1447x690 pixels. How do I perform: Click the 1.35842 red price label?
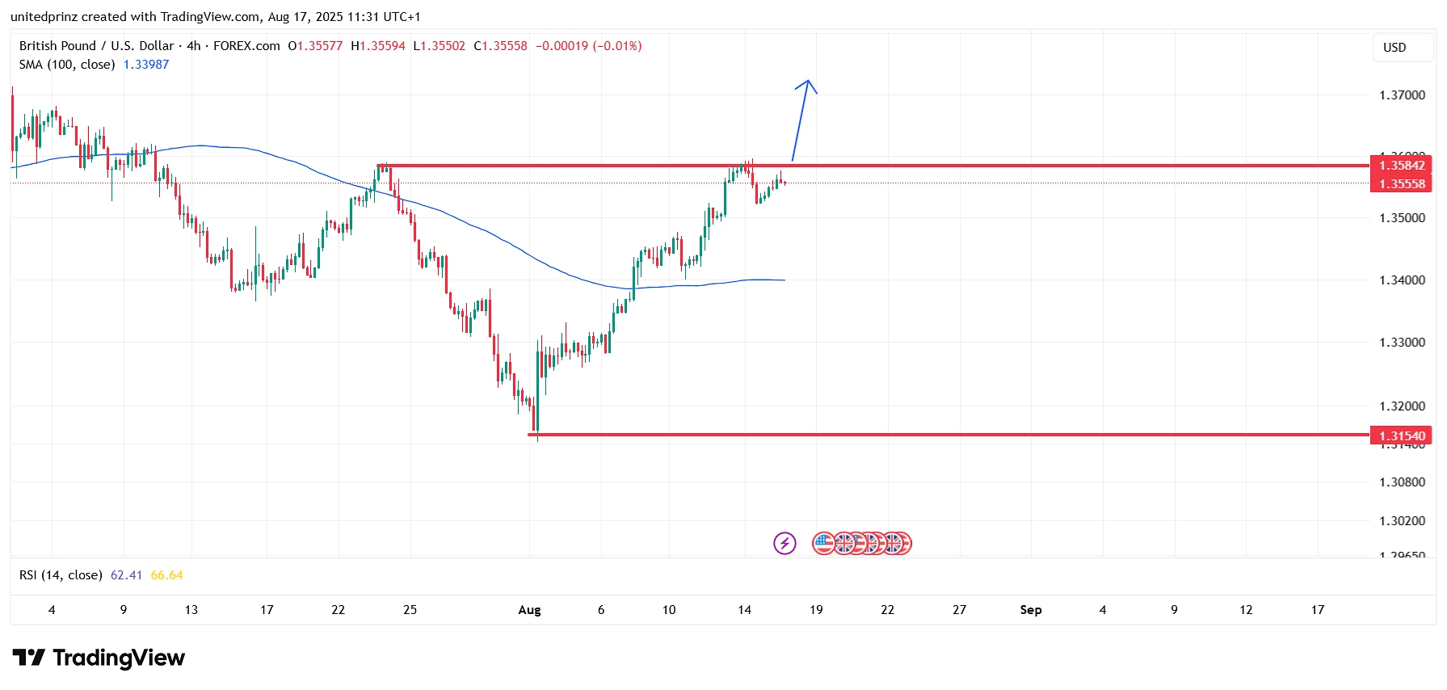(x=1401, y=165)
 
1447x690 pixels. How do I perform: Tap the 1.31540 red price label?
(x=1401, y=436)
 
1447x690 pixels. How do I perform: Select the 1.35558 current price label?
(x=1401, y=183)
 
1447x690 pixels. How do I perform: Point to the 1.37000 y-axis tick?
(x=1402, y=95)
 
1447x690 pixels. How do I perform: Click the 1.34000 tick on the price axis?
(x=1402, y=280)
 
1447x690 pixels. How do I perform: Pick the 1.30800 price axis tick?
(x=1402, y=482)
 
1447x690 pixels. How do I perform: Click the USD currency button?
(x=1394, y=48)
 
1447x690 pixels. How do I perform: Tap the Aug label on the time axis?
(x=529, y=610)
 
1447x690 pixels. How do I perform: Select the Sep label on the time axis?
(x=1031, y=610)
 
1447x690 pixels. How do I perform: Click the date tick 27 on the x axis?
(x=959, y=610)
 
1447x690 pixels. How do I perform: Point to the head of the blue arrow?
(x=807, y=82)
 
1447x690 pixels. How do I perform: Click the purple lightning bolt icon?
(x=784, y=543)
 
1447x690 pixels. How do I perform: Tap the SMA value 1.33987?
(x=146, y=65)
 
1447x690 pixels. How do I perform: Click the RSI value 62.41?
(x=126, y=575)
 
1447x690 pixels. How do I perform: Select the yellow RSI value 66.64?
(x=166, y=575)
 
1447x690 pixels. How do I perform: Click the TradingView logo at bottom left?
(x=99, y=658)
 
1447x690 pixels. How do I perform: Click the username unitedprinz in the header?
(x=44, y=17)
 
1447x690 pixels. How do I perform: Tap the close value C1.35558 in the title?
(x=500, y=46)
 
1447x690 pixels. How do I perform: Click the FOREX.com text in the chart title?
(x=246, y=46)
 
